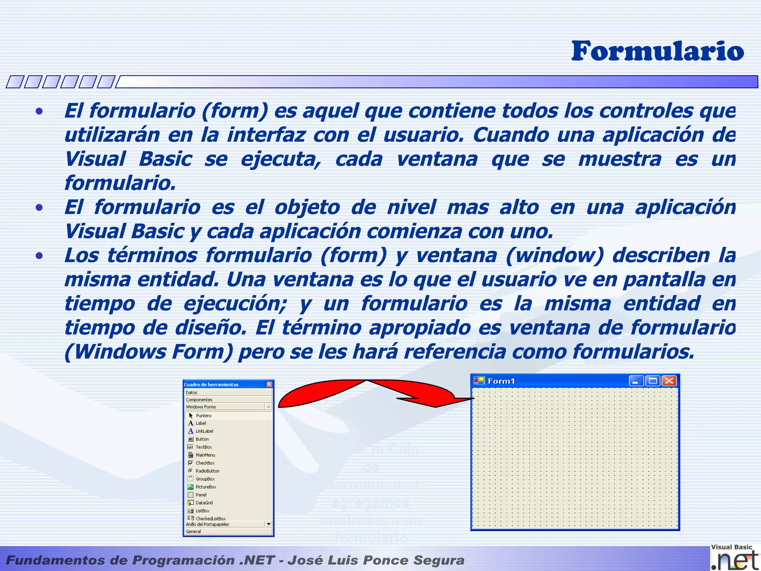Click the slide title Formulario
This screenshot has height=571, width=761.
[657, 51]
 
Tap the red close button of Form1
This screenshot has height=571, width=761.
[669, 381]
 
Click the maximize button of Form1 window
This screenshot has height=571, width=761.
[652, 381]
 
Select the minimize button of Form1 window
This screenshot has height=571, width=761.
[636, 381]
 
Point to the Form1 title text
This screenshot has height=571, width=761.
[501, 381]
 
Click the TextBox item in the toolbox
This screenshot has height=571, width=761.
[204, 447]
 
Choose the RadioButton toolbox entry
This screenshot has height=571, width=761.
[207, 471]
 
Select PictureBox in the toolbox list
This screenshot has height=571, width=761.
[206, 487]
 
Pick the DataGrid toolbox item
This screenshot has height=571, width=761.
[204, 503]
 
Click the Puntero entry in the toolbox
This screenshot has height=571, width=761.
[203, 416]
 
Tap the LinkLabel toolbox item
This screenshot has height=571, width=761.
[204, 431]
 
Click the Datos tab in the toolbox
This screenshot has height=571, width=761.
[192, 393]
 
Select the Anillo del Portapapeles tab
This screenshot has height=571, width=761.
[207, 525]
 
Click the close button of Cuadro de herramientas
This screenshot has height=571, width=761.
[269, 384]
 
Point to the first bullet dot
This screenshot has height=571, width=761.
[39, 111]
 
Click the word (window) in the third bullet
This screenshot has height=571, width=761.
[554, 256]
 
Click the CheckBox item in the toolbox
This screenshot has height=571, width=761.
[205, 463]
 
